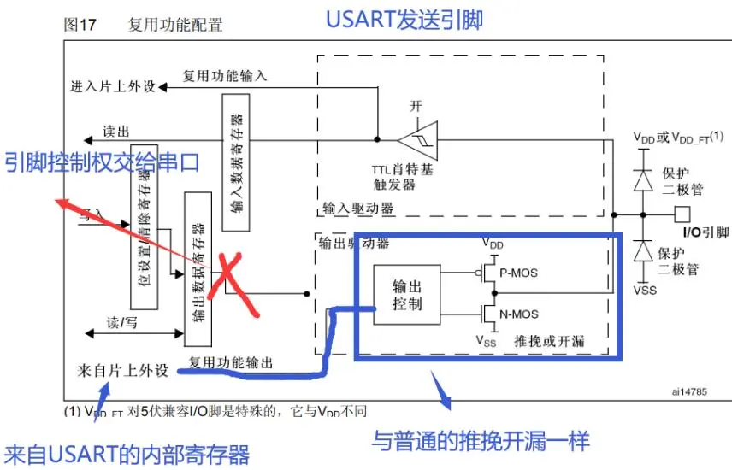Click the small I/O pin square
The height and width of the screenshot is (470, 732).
(x=682, y=213)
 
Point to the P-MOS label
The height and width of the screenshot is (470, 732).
(x=519, y=273)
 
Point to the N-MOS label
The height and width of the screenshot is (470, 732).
(x=519, y=314)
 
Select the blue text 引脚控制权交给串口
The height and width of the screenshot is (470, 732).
(x=102, y=161)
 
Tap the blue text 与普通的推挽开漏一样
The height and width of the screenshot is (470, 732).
(x=481, y=440)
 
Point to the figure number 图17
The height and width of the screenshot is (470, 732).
(x=81, y=26)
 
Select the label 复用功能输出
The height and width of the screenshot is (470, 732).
(x=231, y=364)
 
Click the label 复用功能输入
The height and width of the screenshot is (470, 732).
(x=225, y=76)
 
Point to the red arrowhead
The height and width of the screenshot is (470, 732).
(x=60, y=203)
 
